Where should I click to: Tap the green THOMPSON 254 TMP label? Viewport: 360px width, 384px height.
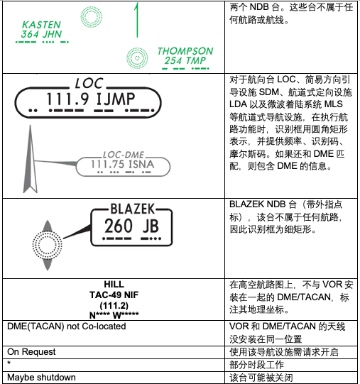point(185,56)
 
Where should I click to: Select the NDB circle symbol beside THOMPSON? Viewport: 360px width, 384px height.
point(136,56)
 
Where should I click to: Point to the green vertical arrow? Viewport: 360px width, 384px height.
point(136,20)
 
